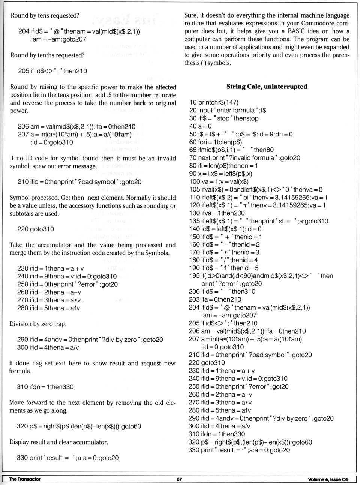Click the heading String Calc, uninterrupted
click(x=267, y=87)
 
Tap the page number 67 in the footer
click(x=179, y=479)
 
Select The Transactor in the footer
click(x=25, y=479)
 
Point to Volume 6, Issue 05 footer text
click(x=328, y=479)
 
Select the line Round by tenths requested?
click(x=47, y=55)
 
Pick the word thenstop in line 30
click(x=246, y=118)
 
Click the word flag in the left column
click(x=36, y=363)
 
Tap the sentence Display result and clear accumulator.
click(x=58, y=442)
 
